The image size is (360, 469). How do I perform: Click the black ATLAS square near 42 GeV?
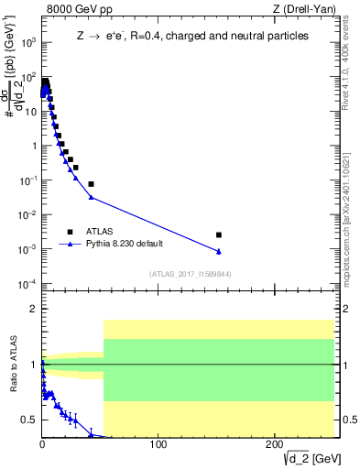click(x=91, y=184)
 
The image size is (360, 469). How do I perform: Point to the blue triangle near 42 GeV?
click(x=91, y=197)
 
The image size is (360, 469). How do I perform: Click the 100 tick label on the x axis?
click(x=158, y=445)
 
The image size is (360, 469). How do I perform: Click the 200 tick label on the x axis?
click(x=273, y=445)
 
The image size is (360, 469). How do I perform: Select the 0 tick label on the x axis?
click(x=42, y=445)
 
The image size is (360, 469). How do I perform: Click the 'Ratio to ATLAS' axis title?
click(x=13, y=365)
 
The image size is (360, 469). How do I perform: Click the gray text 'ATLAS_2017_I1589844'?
click(x=184, y=273)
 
